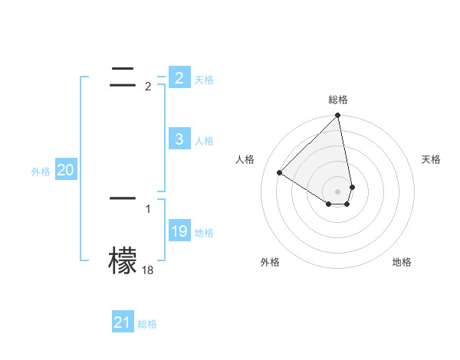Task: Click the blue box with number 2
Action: point(179,77)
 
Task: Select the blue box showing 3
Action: point(179,139)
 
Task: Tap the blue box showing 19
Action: point(179,231)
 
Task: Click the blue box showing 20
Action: point(65,170)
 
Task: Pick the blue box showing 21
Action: point(122,322)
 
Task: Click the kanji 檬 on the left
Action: point(123,260)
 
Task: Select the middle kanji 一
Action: point(123,198)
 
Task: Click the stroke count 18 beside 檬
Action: point(147,270)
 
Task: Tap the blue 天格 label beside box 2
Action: point(204,80)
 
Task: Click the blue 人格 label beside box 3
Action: point(204,141)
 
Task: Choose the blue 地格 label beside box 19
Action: point(204,233)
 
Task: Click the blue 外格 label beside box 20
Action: point(41,172)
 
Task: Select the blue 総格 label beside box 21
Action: point(147,325)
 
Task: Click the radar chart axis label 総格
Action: point(338,100)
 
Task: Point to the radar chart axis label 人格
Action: point(245,159)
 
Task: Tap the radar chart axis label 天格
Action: point(431,159)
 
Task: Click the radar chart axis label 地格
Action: point(402,262)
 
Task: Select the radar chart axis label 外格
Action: point(270,262)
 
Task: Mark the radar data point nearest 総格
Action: point(338,116)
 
